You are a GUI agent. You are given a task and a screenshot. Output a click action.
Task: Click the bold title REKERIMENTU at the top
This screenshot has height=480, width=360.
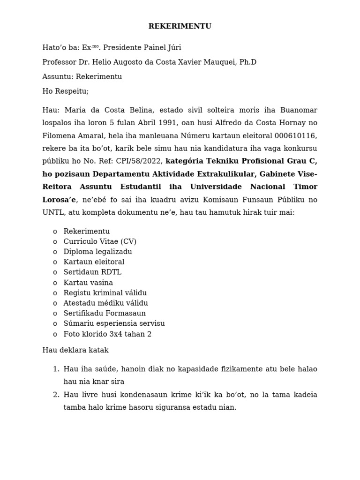(180, 26)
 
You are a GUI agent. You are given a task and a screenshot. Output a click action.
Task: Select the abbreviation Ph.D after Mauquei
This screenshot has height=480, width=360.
(247, 62)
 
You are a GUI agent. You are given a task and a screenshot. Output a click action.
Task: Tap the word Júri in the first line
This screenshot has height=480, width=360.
(172, 47)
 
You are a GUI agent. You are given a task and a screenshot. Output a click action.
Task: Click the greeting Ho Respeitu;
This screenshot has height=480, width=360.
(65, 91)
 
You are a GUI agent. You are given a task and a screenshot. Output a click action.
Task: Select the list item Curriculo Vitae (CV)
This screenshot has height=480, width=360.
(100, 241)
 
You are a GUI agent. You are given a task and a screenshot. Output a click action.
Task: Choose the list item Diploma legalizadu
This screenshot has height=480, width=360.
(97, 252)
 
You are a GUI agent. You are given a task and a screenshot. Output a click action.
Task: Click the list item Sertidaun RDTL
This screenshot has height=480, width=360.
(92, 272)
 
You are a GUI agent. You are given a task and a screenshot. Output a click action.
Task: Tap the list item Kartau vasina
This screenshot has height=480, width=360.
(88, 283)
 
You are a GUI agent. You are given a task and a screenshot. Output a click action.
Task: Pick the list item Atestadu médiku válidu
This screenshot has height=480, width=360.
(105, 303)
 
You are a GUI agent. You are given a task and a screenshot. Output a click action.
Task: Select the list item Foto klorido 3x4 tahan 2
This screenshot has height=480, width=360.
(107, 334)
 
